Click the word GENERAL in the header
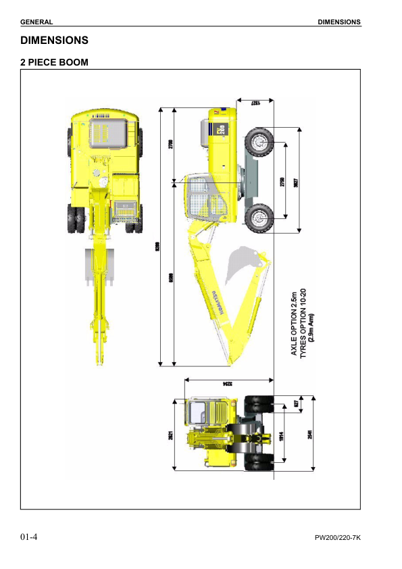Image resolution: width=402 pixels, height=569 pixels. click(36, 22)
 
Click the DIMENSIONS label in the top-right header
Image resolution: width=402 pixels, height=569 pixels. click(339, 22)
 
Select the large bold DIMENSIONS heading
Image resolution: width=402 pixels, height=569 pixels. click(54, 41)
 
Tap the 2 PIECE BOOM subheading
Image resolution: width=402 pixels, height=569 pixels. click(54, 62)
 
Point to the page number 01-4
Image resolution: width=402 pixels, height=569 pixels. click(28, 537)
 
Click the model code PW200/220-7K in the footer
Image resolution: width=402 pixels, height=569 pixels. click(338, 538)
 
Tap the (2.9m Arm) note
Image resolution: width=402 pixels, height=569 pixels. click(311, 324)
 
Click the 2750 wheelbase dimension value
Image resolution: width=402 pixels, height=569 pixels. click(282, 181)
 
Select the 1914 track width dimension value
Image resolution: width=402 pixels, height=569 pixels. click(282, 436)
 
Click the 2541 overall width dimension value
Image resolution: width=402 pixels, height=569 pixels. click(310, 436)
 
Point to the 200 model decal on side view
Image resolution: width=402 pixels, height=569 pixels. click(223, 130)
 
